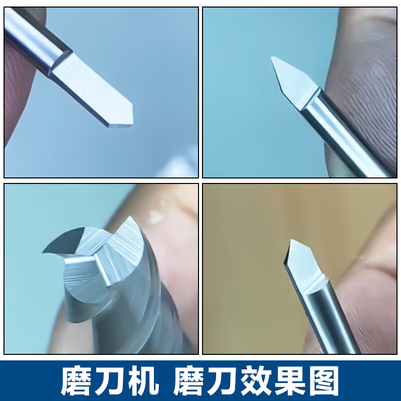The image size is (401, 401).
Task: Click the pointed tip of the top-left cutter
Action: tap(133, 104)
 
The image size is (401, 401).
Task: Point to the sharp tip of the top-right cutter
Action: tap(272, 57)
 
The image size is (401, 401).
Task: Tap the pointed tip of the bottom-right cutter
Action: tap(291, 240)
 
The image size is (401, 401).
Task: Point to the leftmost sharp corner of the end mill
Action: tap(43, 253)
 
